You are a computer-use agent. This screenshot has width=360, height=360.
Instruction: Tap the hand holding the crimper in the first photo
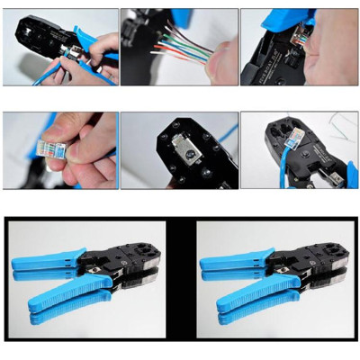(x=90, y=54)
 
